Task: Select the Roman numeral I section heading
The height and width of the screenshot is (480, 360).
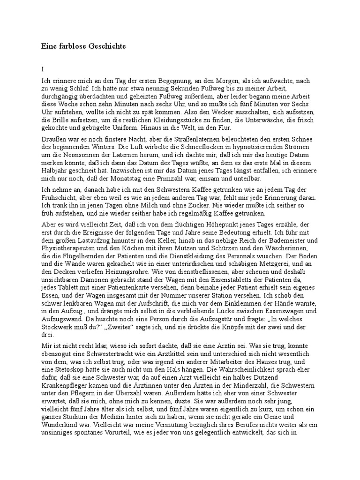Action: click(43, 68)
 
